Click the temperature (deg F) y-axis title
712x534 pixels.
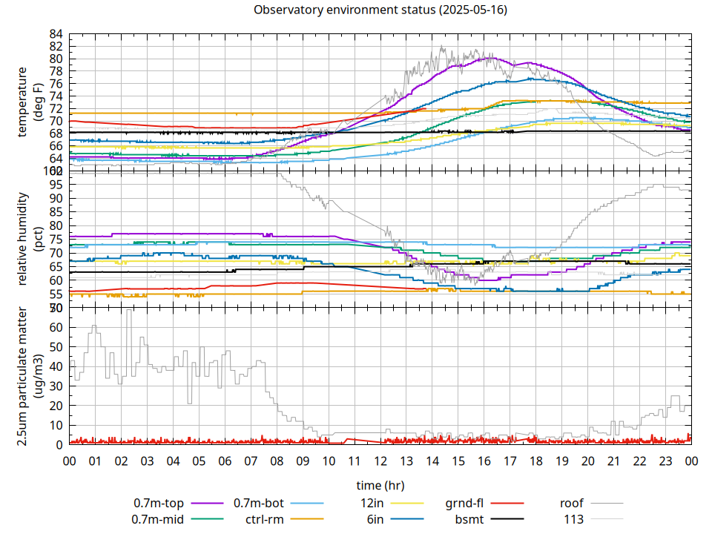(29, 102)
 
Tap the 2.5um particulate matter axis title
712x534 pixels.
(29, 376)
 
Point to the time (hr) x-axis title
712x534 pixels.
(380, 485)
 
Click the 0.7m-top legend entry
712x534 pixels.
(159, 504)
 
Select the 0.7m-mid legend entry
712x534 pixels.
(158, 518)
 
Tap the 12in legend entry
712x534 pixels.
(372, 504)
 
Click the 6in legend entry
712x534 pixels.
(375, 518)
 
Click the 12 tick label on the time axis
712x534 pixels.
(380, 461)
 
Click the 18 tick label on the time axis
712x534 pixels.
(535, 461)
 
